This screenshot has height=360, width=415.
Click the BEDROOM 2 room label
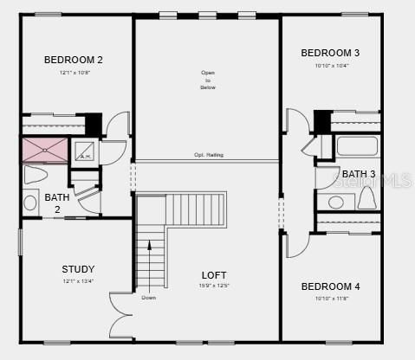point(74,60)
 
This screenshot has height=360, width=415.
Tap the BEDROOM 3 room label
point(330,53)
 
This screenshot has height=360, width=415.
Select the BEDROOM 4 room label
point(330,286)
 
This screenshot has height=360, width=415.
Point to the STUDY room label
point(78,269)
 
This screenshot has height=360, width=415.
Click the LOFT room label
point(215,274)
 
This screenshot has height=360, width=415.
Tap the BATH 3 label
point(358,174)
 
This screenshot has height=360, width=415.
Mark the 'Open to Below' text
point(208,80)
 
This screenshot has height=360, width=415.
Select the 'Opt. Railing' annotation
point(208,155)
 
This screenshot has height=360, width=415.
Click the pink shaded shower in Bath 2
point(45,150)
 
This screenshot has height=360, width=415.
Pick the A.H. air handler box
point(85,151)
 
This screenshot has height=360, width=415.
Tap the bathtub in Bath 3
point(357,145)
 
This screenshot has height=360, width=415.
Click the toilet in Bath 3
point(366,200)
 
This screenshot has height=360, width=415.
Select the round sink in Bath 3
point(334,203)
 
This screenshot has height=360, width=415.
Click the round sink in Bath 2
point(31,204)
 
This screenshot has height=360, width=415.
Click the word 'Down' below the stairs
point(149,298)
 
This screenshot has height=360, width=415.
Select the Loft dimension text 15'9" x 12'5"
point(215,286)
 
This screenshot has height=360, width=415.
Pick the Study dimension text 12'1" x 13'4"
point(78,280)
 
